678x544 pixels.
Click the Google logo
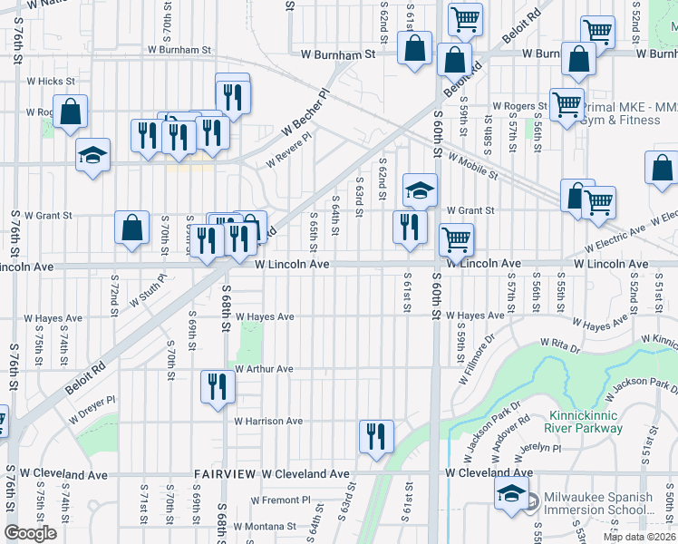30,534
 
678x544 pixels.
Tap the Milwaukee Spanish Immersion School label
597,505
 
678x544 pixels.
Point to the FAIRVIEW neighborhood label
224,474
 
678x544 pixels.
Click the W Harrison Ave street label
268,422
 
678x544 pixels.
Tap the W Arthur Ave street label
264,369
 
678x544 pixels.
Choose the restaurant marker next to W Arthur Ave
218,387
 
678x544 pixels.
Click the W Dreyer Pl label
93,409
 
